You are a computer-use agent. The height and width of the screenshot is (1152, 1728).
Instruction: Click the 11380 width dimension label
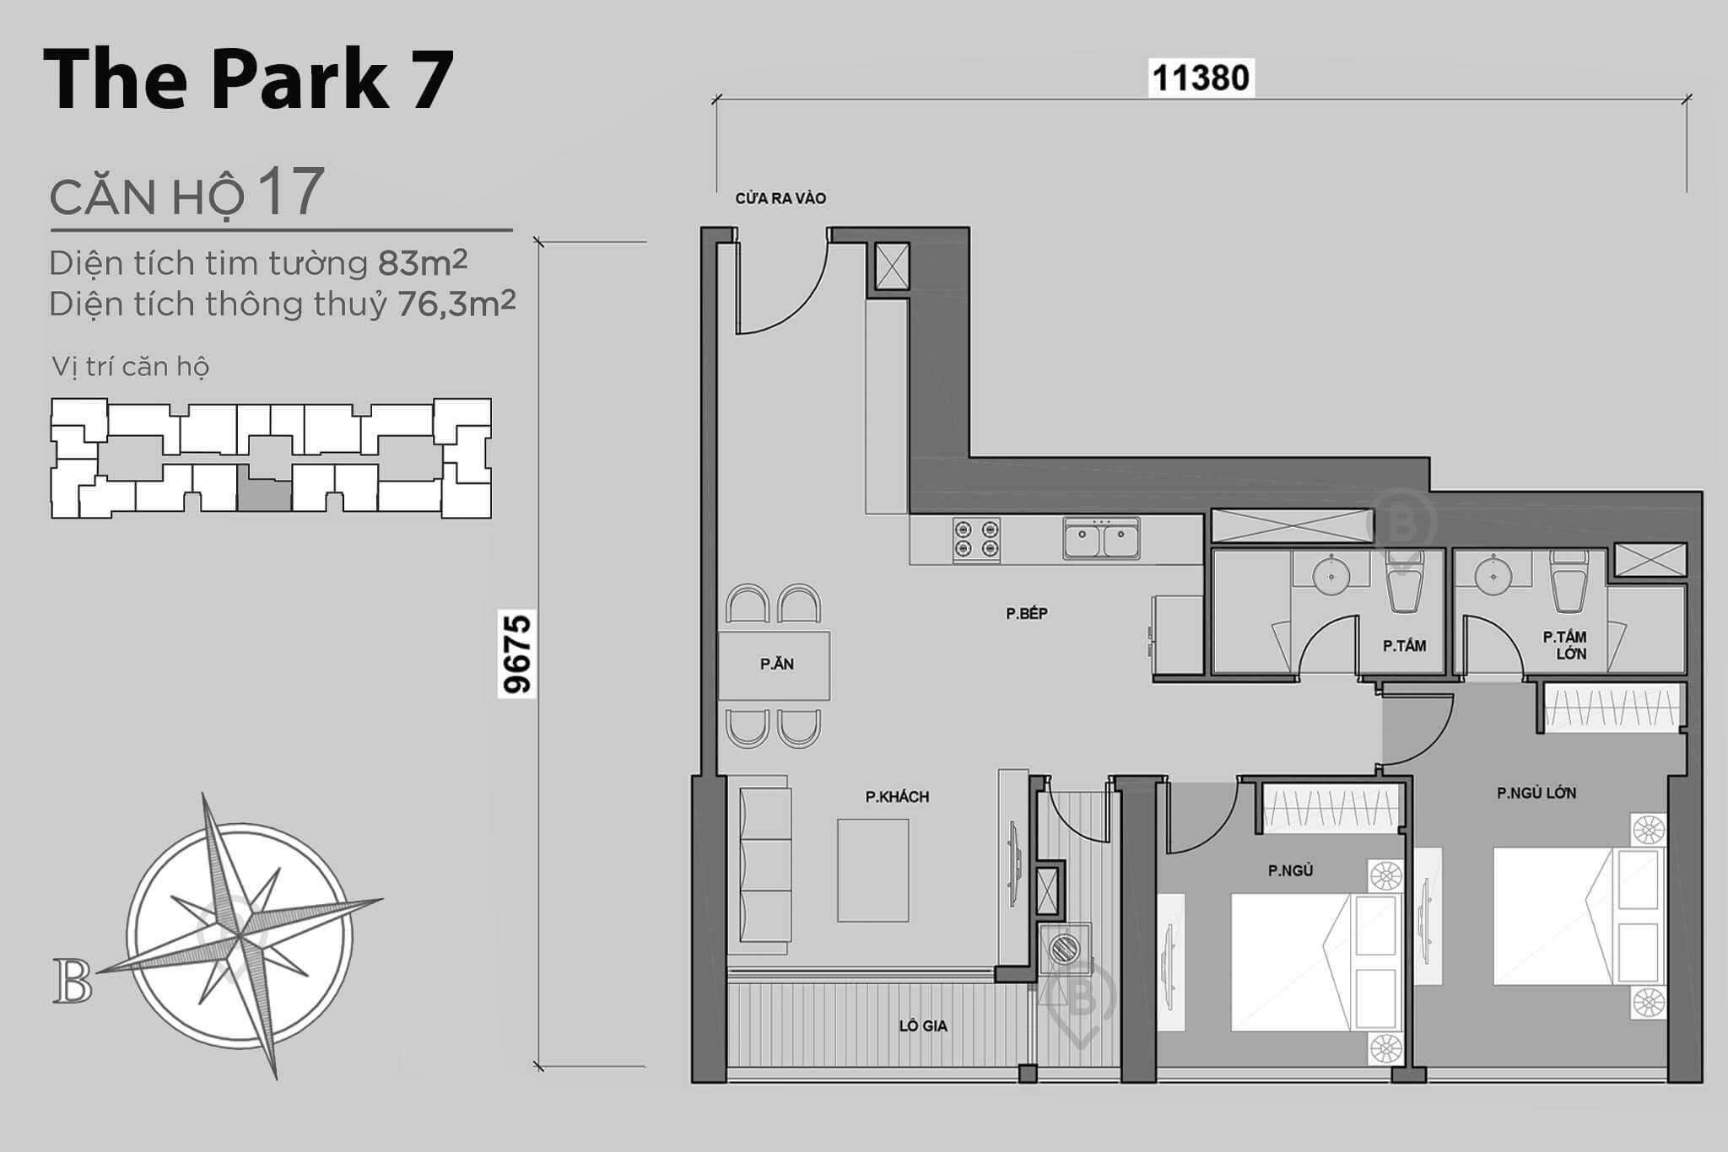pos(1200,78)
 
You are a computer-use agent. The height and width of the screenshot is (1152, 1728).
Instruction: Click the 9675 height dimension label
pos(517,654)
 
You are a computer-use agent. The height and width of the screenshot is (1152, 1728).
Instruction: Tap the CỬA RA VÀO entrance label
pos(780,199)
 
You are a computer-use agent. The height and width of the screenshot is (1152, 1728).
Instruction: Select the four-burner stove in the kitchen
pos(976,541)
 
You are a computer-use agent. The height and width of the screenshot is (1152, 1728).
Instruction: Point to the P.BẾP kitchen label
pos(1027,614)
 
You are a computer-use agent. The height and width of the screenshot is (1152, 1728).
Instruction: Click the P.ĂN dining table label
pos(776,665)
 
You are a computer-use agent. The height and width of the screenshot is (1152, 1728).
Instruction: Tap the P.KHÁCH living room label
pos(897,797)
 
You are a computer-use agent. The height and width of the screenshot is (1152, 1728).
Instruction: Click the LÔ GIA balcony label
pos(922,1026)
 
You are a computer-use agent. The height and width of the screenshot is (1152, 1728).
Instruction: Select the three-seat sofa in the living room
pos(765,864)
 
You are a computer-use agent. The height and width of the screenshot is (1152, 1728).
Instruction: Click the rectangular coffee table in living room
pos(872,870)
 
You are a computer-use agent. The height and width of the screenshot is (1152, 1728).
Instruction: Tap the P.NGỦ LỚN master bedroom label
pos(1536,793)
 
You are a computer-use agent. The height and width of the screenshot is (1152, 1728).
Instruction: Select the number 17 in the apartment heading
pos(291,192)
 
